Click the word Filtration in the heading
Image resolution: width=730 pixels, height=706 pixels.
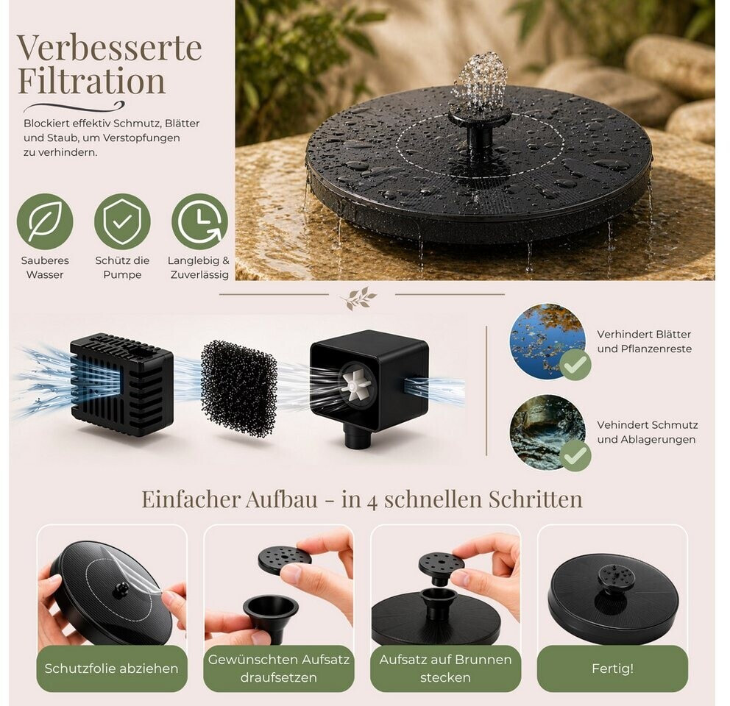click(x=91, y=81)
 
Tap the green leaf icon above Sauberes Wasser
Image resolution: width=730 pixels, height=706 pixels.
click(x=45, y=221)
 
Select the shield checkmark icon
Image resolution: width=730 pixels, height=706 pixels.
click(x=122, y=221)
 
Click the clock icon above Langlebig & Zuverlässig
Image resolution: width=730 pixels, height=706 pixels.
click(x=199, y=221)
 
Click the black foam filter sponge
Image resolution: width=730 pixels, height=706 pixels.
click(x=239, y=388)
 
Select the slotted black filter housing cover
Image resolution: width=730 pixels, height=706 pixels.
click(x=121, y=384)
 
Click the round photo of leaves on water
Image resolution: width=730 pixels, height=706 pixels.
click(x=547, y=340)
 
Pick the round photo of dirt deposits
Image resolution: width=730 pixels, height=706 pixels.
click(x=547, y=432)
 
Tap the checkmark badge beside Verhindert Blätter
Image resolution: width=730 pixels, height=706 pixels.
click(x=575, y=365)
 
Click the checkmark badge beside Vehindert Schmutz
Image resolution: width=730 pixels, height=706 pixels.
click(x=575, y=456)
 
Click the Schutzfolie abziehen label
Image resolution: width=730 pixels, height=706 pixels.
click(x=112, y=668)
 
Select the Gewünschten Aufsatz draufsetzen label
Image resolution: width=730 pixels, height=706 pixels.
click(x=278, y=668)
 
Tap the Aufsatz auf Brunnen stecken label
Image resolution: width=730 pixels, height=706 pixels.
click(x=445, y=668)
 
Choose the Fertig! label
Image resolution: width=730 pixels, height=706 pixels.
click(x=612, y=668)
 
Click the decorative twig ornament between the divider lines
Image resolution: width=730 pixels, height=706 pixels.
click(x=361, y=298)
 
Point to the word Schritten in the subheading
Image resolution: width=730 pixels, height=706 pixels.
click(x=536, y=499)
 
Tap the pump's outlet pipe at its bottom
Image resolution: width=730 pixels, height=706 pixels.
click(x=358, y=438)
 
